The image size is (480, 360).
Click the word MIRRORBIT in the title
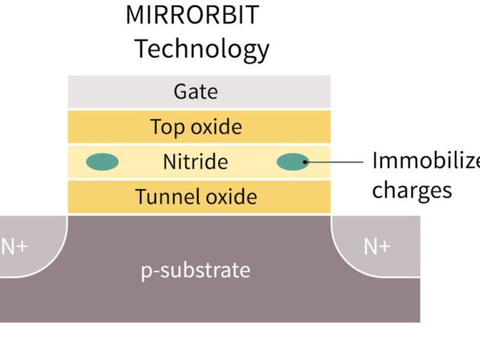point(192,15)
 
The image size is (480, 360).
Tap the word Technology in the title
point(201,48)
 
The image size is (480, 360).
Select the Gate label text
point(196,92)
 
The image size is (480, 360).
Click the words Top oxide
point(196,127)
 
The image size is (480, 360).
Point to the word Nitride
point(196,161)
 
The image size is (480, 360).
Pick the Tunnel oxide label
point(196,196)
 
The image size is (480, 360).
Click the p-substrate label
point(196,270)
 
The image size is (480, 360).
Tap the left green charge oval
point(102,161)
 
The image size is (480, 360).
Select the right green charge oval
point(292,161)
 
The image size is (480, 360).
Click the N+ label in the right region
point(377,246)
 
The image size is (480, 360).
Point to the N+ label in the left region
point(13,246)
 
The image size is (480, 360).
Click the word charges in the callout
point(412,190)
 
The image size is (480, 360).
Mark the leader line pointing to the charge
point(336,161)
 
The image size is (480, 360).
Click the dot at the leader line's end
point(305,161)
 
